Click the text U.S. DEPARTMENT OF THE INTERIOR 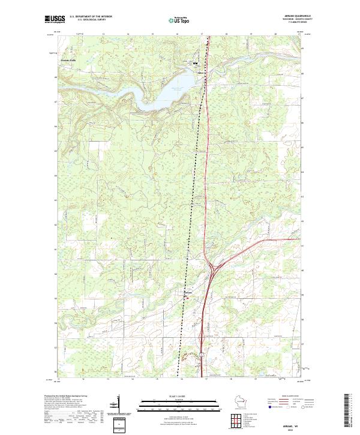pos(91,16)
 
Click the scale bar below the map pos(179,403)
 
